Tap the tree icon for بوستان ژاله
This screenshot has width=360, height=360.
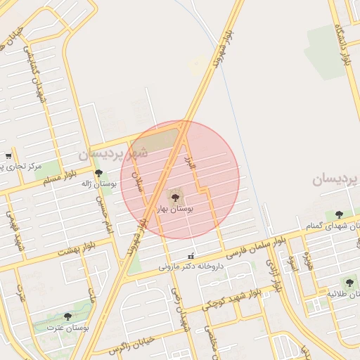point(98,173)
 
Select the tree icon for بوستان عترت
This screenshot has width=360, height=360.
point(67,317)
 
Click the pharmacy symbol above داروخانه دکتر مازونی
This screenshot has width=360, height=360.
point(189,255)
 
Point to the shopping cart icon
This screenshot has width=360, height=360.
point(8,155)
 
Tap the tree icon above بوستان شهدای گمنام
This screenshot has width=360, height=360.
point(339,214)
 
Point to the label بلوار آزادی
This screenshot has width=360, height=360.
point(273,274)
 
